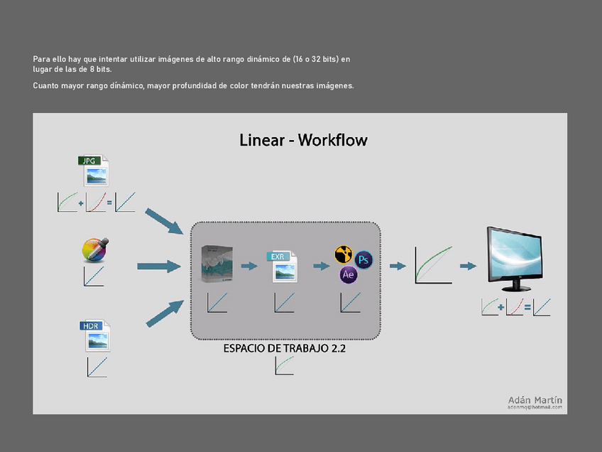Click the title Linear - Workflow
click(x=303, y=140)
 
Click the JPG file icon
click(x=94, y=171)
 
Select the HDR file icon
click(x=96, y=336)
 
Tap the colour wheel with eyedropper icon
click(x=95, y=249)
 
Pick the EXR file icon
click(x=282, y=267)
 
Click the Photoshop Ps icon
click(x=363, y=259)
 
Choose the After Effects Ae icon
click(x=348, y=275)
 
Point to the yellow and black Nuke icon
click(x=344, y=256)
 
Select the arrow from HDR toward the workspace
click(x=165, y=313)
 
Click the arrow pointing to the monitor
click(x=467, y=266)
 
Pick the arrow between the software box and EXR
click(x=248, y=266)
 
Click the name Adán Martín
click(x=535, y=400)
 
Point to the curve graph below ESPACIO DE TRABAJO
click(x=284, y=365)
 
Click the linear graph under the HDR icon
click(x=97, y=368)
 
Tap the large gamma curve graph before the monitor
click(x=433, y=265)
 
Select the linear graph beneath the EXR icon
click(x=284, y=303)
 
